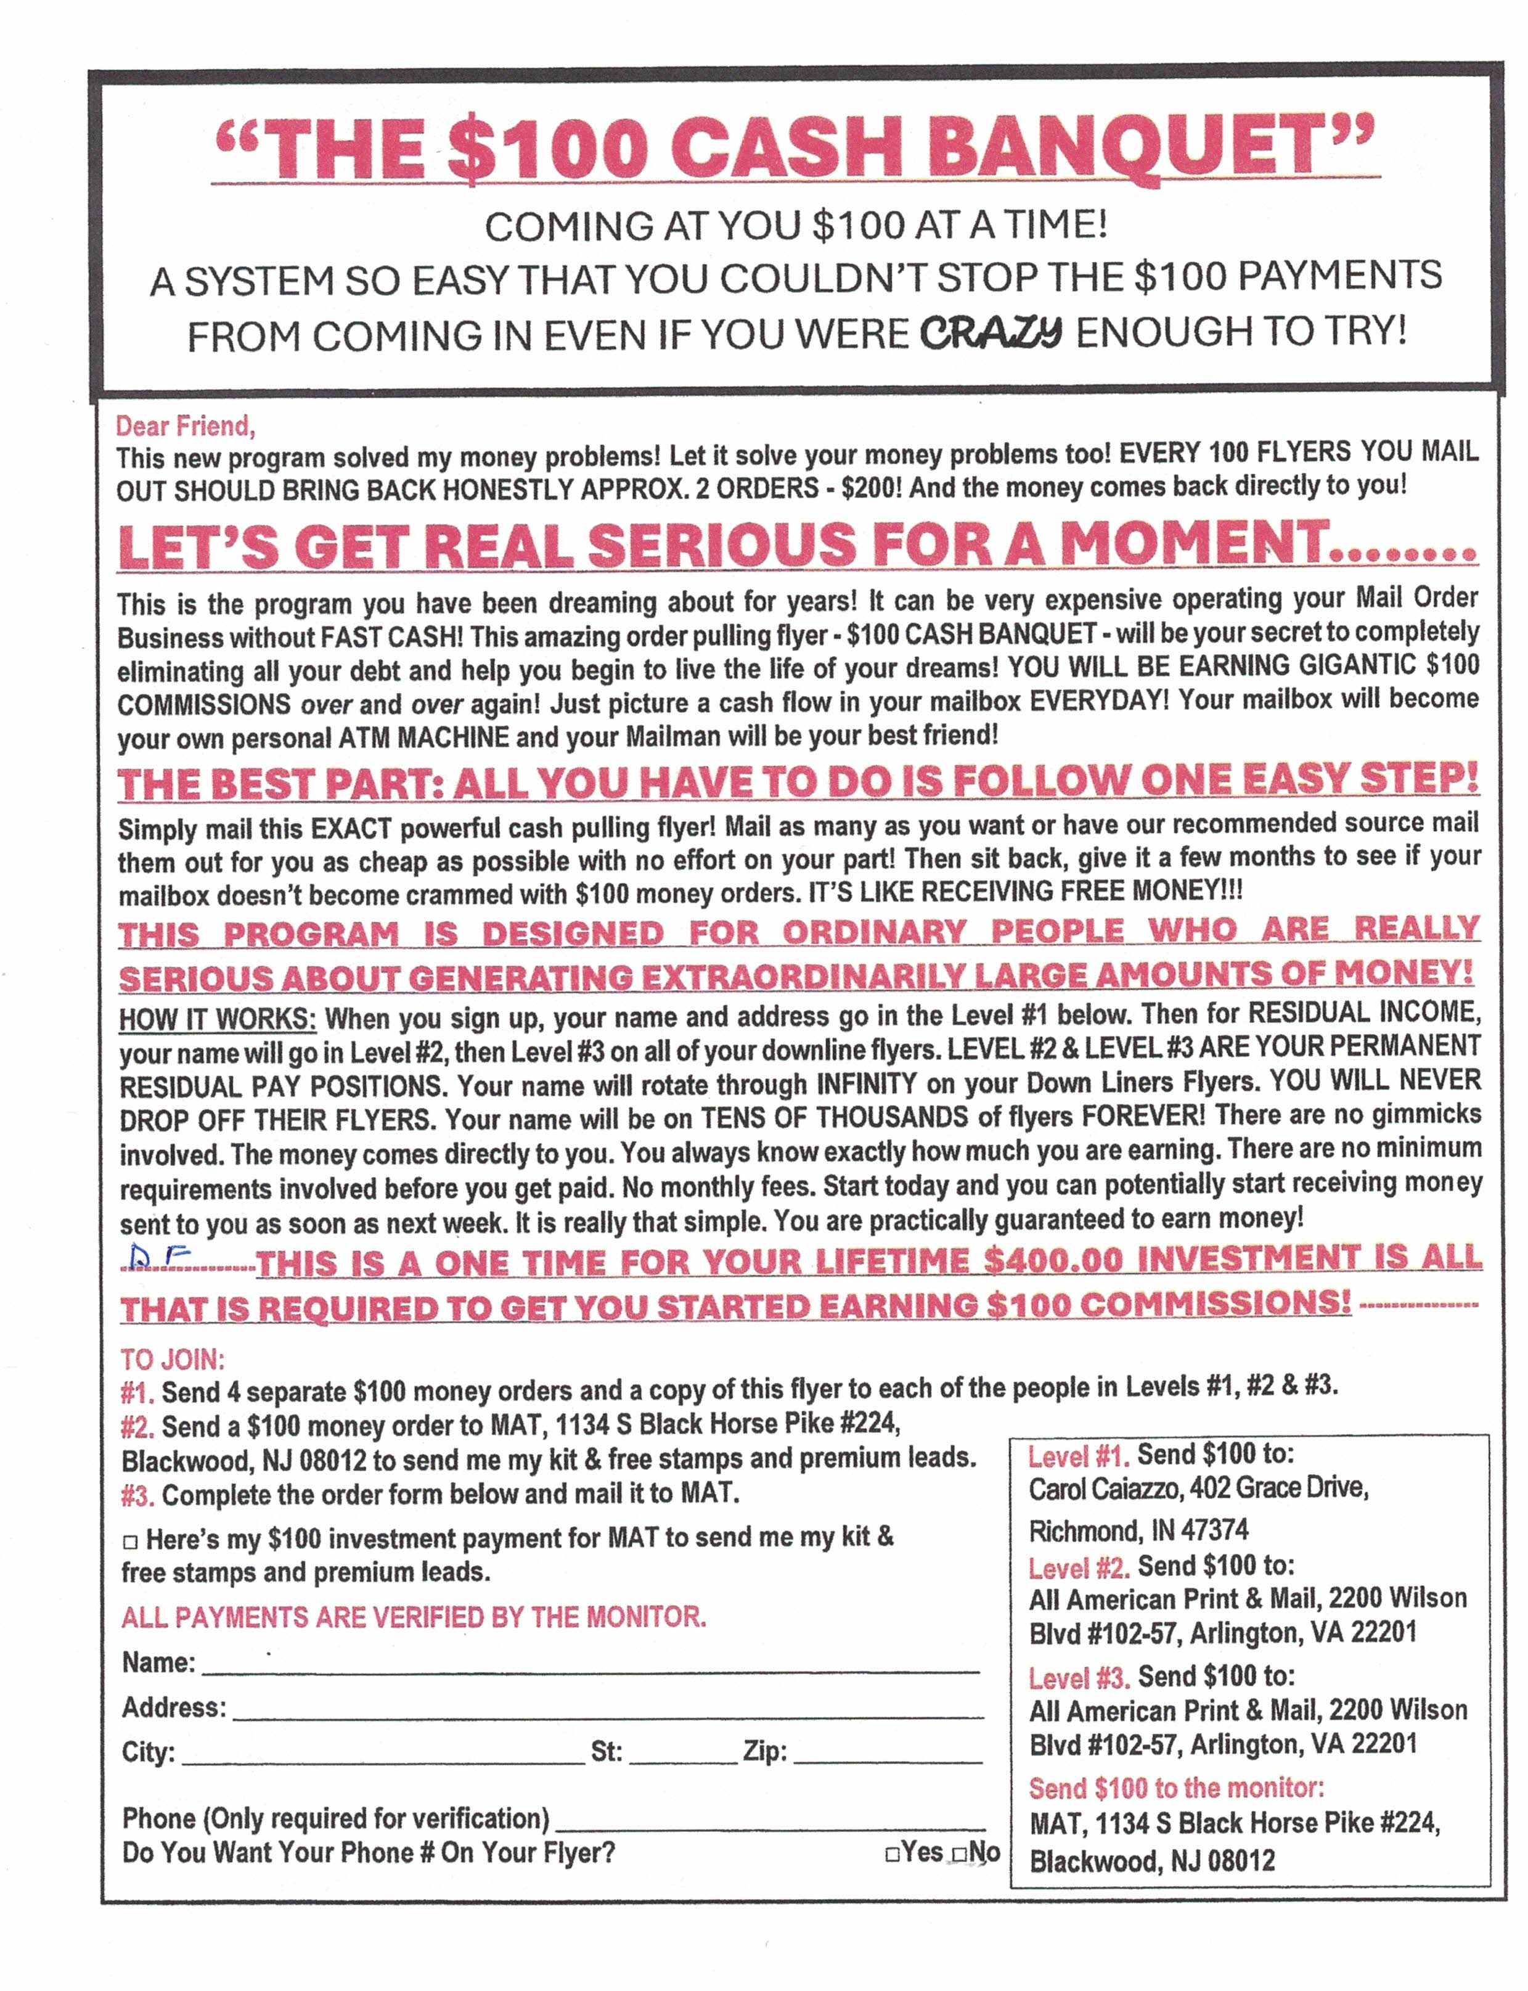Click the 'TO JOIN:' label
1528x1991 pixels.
(173, 1360)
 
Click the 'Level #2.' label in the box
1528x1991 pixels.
(1079, 1567)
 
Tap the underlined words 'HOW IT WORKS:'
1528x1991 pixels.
(218, 1018)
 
